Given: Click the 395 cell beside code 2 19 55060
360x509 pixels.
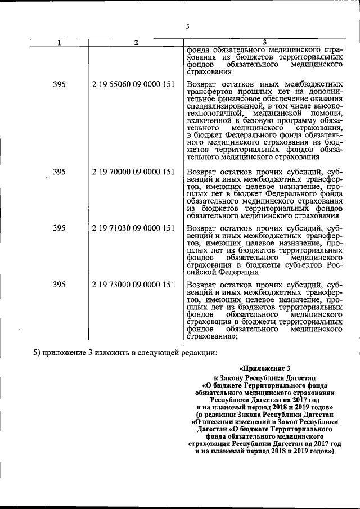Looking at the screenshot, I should (x=60, y=84).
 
